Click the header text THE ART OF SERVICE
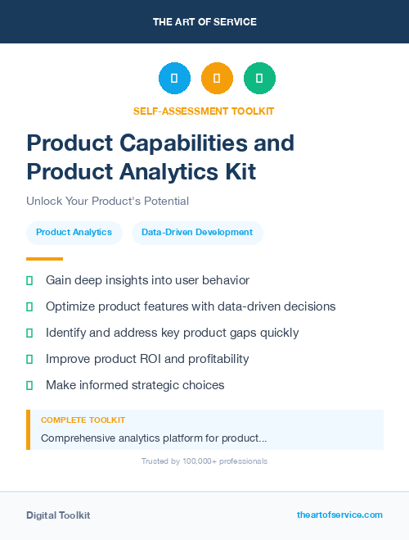pyautogui.click(x=204, y=22)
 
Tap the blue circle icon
pyautogui.click(x=174, y=79)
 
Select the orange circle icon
pyautogui.click(x=217, y=79)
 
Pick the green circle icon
pyautogui.click(x=259, y=79)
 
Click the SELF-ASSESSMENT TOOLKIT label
pyautogui.click(x=204, y=111)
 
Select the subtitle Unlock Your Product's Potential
pyautogui.click(x=107, y=201)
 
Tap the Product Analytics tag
pyautogui.click(x=74, y=233)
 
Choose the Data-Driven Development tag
pyautogui.click(x=197, y=233)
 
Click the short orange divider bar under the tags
pyautogui.click(x=44, y=258)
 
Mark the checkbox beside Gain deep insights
pyautogui.click(x=29, y=280)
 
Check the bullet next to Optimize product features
pyautogui.click(x=29, y=306)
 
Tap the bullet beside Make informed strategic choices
pyautogui.click(x=29, y=385)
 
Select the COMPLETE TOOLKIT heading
pyautogui.click(x=83, y=420)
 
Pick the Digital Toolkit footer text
pyautogui.click(x=58, y=515)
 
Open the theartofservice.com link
pyautogui.click(x=339, y=515)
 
